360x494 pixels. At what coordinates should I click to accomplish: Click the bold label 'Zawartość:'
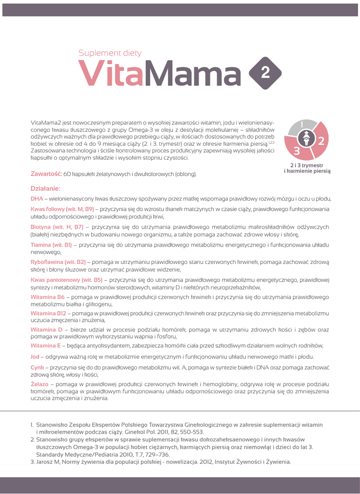tap(46, 173)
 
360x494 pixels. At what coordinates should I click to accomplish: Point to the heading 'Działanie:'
tap(45, 188)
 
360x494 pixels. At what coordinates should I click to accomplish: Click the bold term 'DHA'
tap(37, 198)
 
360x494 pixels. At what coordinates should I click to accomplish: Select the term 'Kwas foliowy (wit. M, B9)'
tap(62, 209)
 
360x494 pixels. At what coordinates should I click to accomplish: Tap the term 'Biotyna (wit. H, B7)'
tap(57, 227)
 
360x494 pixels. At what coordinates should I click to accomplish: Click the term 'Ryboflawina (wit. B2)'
tap(58, 261)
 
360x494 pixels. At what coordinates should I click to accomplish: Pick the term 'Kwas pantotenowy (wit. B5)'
tap(66, 279)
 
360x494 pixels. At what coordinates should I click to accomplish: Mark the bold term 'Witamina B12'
tap(48, 314)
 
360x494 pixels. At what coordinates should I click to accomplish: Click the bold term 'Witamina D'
tap(46, 329)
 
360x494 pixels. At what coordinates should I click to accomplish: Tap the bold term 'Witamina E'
tap(46, 345)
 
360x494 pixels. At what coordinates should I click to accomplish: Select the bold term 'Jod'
tap(35, 357)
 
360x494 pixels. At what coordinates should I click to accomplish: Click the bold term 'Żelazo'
tap(40, 384)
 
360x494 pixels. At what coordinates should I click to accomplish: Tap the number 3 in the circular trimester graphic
tap(296, 151)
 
